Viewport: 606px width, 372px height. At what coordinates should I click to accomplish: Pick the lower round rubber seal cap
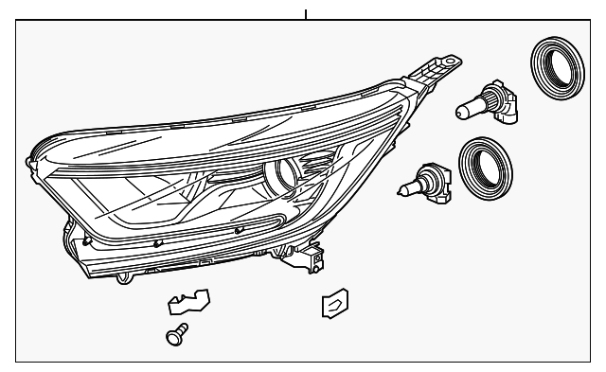tap(486, 169)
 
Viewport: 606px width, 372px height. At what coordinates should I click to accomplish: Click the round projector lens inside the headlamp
tap(285, 172)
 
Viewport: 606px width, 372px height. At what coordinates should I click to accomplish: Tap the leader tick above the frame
tap(306, 13)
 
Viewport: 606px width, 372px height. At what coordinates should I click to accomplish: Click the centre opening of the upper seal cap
tap(555, 69)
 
